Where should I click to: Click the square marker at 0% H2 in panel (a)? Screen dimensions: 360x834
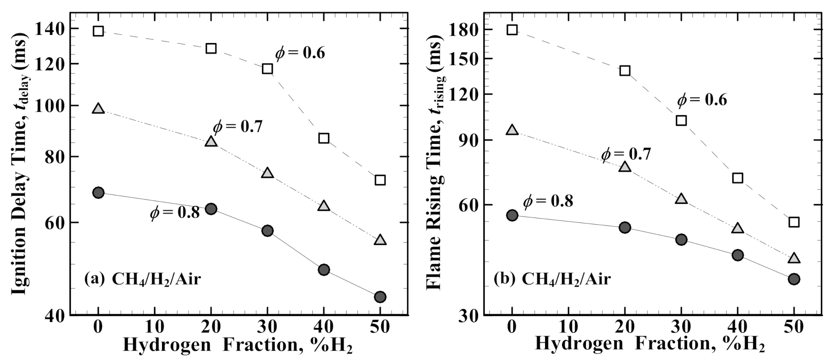coord(98,31)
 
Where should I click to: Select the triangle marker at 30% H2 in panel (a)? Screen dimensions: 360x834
coord(267,173)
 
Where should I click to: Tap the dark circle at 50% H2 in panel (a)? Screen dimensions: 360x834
coord(380,297)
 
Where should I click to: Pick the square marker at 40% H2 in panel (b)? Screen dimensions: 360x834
coord(737,178)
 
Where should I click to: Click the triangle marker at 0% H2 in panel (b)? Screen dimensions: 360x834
coord(512,130)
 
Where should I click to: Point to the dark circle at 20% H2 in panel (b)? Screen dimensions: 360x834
coord(625,228)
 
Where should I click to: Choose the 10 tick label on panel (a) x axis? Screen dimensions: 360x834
coord(155,327)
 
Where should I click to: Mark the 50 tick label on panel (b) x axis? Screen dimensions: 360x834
coord(794,327)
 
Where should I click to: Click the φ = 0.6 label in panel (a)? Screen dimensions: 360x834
coord(300,53)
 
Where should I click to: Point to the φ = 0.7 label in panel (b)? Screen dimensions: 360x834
coord(626,154)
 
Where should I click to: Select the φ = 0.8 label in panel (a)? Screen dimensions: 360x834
coord(175,212)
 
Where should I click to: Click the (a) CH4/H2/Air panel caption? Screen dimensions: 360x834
coord(143,279)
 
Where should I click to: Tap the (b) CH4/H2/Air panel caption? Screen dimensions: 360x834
coord(552,279)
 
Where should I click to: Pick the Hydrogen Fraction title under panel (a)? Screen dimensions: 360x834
coord(238,345)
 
